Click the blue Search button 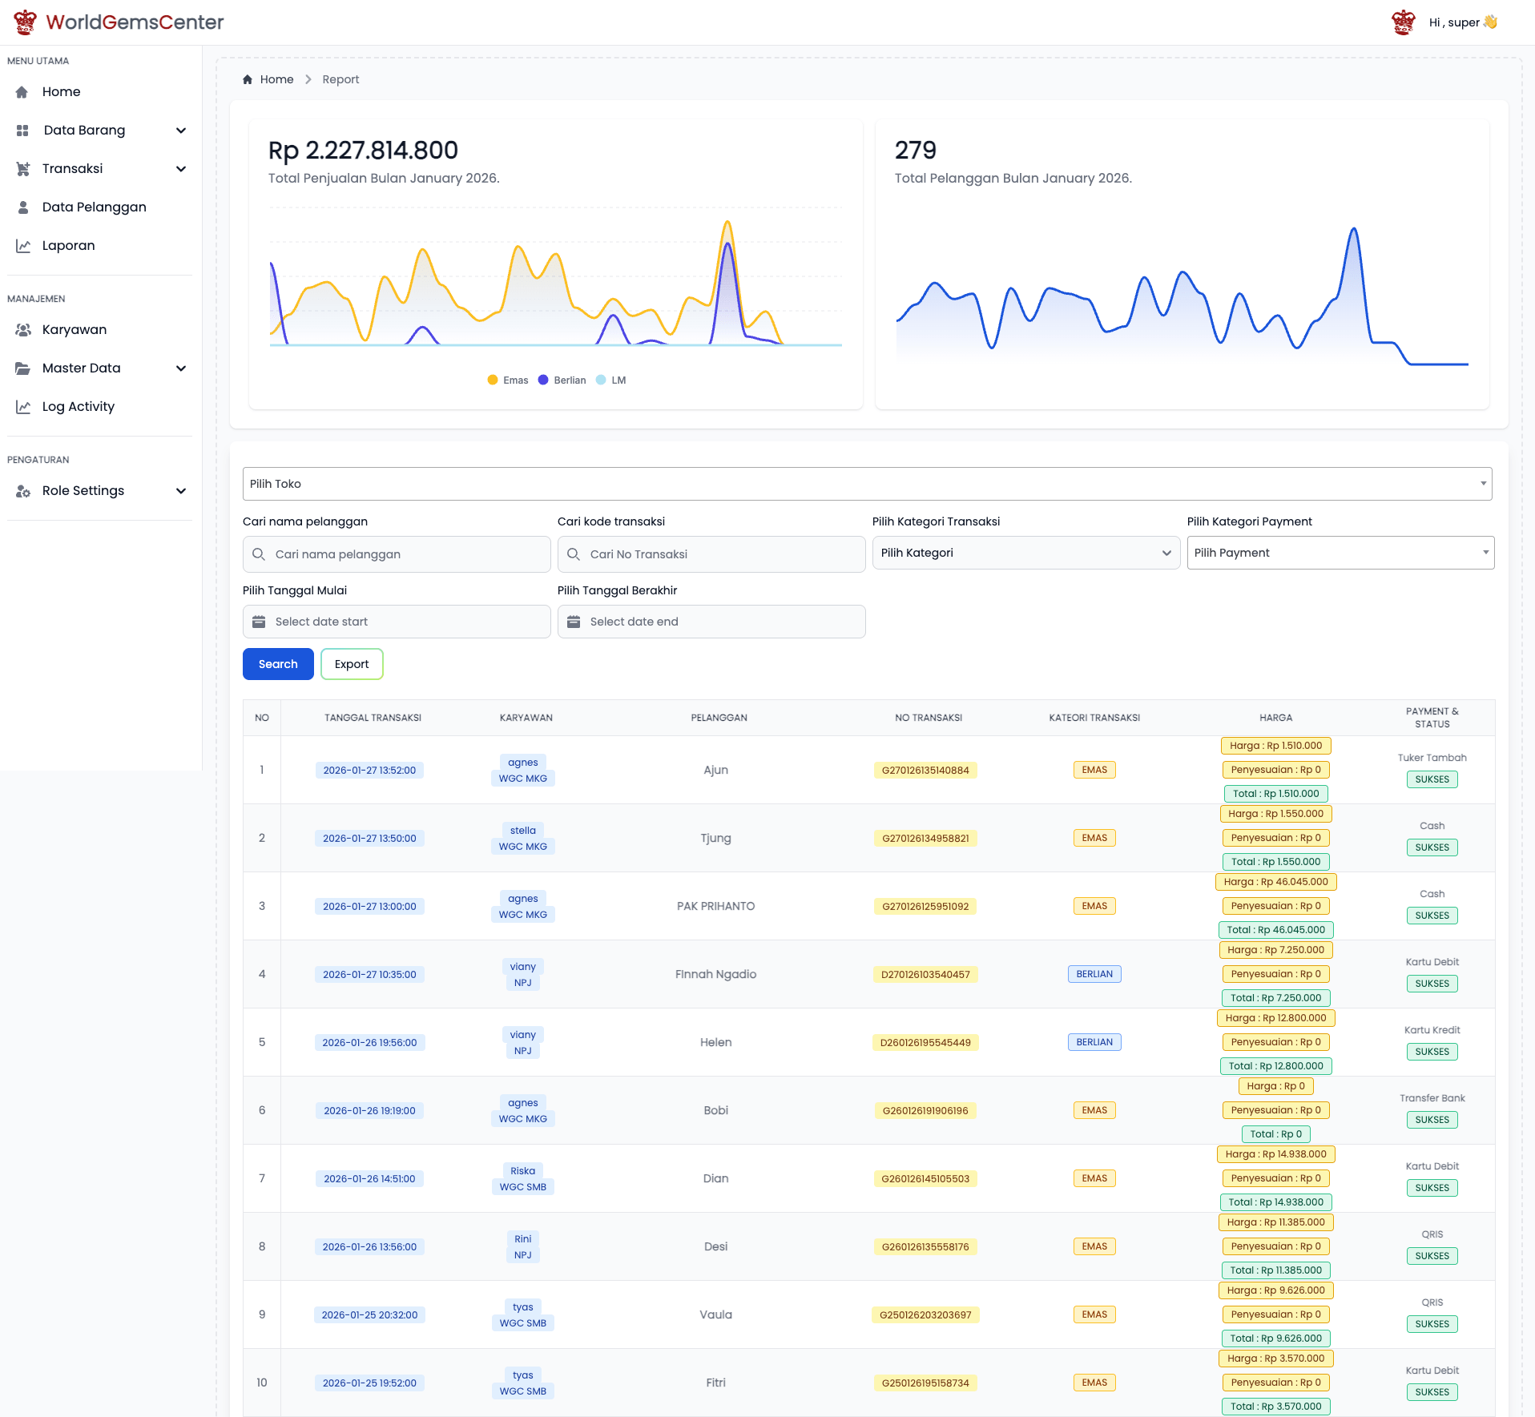[278, 664]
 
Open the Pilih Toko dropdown [867, 484]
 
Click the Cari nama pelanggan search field [397, 554]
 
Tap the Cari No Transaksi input [711, 554]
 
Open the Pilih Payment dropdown [1340, 553]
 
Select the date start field [397, 622]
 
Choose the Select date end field [711, 622]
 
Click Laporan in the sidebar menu [68, 246]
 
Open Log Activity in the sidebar [78, 407]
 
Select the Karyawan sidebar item [74, 330]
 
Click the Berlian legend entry [562, 380]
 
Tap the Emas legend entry [508, 380]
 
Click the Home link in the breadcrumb [276, 79]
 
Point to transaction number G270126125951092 [925, 907]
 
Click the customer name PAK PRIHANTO [715, 907]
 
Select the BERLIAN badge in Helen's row [1094, 1042]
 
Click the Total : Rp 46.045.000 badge [1275, 930]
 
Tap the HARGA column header [1275, 718]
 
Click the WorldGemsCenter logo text [135, 22]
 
